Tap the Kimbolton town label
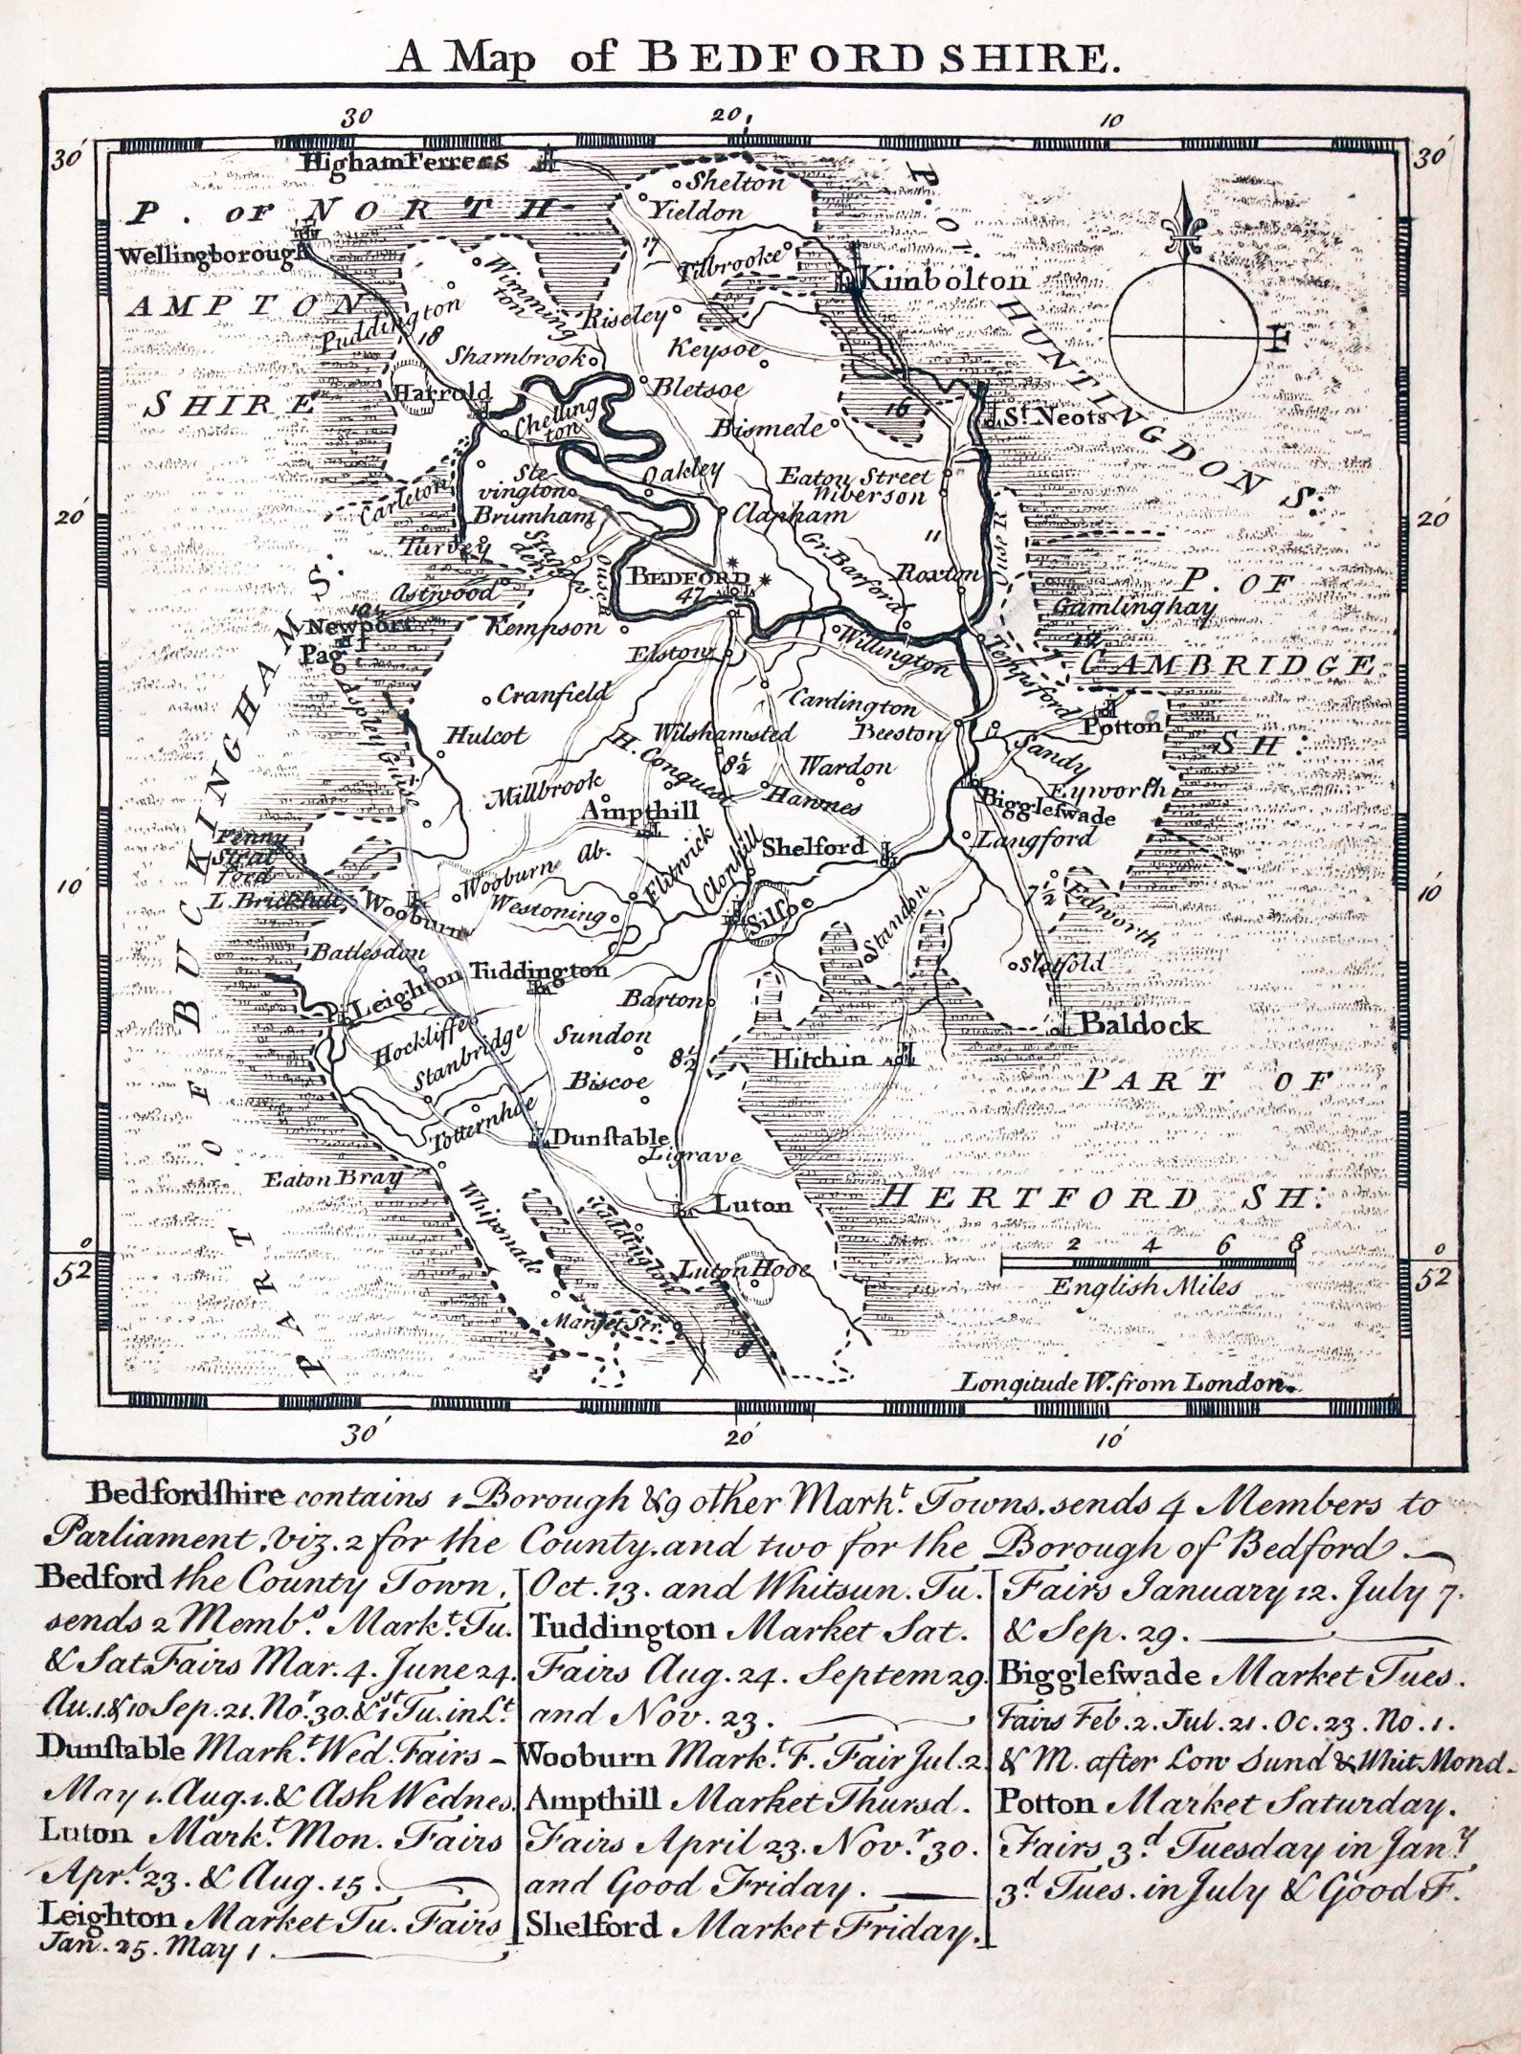pos(943,280)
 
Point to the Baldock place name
pos(1139,1024)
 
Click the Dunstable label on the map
pos(611,1138)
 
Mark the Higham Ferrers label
pos(403,162)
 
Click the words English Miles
pos(1144,1286)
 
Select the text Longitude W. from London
pos(1121,1382)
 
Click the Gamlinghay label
pos(1134,609)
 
